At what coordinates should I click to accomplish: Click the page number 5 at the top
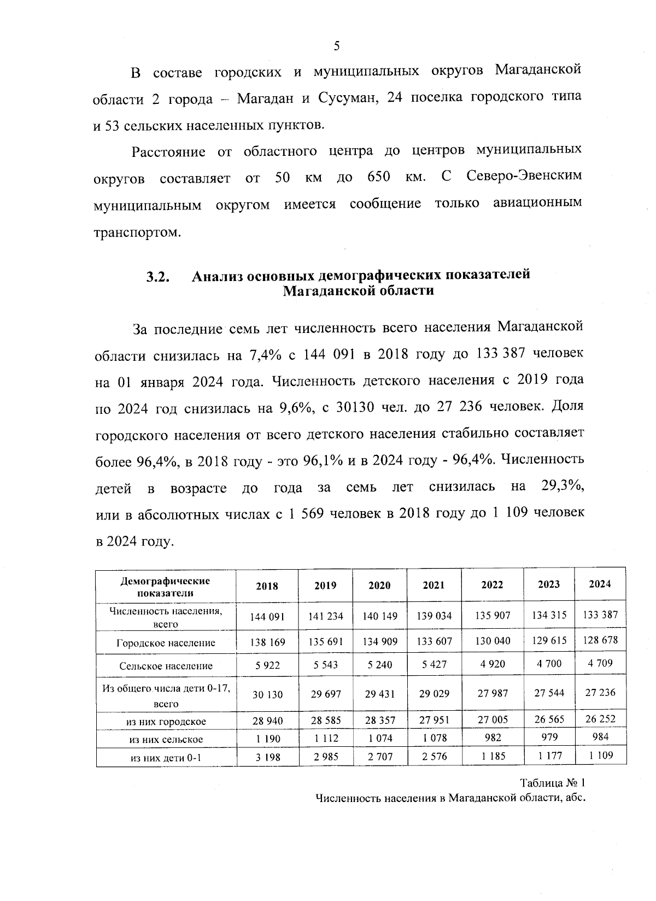point(337,46)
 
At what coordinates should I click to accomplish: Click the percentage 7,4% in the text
point(265,355)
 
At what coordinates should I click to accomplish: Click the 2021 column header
point(434,585)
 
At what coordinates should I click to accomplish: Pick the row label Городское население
point(166,643)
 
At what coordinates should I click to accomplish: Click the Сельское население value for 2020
point(379,665)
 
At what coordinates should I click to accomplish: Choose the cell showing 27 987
point(492,693)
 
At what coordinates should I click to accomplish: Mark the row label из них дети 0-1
point(166,758)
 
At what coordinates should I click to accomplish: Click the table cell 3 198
point(267,757)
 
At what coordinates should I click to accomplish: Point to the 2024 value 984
point(600,736)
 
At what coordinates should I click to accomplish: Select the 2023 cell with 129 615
point(549,641)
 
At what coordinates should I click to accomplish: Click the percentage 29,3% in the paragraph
point(561,487)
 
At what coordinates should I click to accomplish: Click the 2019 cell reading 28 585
point(325,721)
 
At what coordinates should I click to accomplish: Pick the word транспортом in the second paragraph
point(137,233)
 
